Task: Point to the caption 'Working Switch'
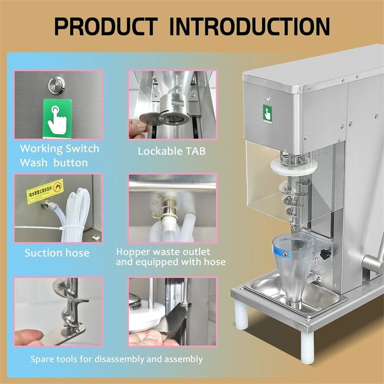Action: (x=60, y=148)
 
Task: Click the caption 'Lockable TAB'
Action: (x=171, y=151)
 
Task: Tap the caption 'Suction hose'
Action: (x=57, y=252)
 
